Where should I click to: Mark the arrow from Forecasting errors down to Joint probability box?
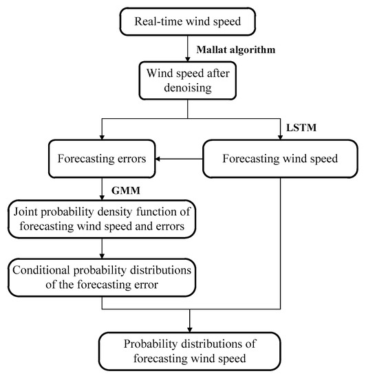pyautogui.click(x=101, y=188)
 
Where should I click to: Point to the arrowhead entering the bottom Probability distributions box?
pyautogui.click(x=189, y=327)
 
